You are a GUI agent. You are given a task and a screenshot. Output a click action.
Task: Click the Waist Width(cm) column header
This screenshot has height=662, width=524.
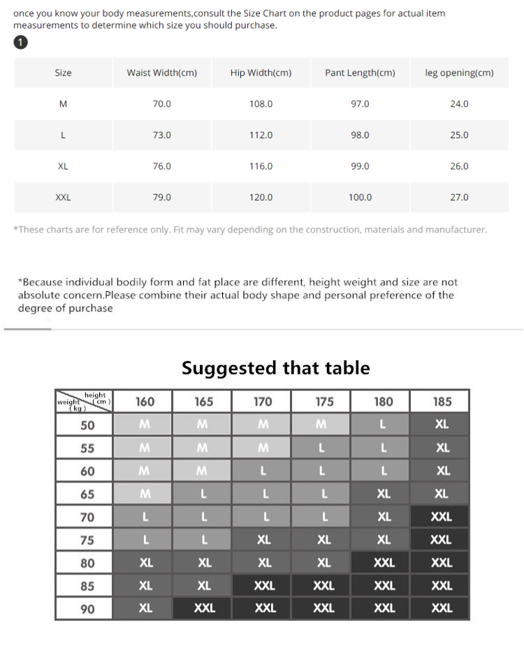pyautogui.click(x=161, y=73)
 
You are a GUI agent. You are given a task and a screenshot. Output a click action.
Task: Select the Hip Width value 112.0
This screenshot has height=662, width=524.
pyautogui.click(x=261, y=135)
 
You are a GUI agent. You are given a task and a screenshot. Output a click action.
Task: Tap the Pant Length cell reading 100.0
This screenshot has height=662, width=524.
pyautogui.click(x=360, y=198)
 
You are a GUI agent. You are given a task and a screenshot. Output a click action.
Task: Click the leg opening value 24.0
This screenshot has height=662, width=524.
pyautogui.click(x=459, y=104)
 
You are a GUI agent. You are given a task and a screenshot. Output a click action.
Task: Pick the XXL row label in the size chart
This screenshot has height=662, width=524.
pyautogui.click(x=63, y=198)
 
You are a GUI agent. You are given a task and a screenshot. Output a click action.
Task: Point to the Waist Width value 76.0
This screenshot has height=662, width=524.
pyautogui.click(x=161, y=166)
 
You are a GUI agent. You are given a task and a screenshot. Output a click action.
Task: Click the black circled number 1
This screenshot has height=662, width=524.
pyautogui.click(x=21, y=43)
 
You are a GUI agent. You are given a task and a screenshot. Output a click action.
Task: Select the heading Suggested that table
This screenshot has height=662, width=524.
pyautogui.click(x=276, y=368)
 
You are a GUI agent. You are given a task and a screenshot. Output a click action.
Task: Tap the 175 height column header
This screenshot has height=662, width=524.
pyautogui.click(x=324, y=402)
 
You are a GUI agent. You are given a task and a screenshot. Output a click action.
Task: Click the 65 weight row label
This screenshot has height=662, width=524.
pyautogui.click(x=87, y=494)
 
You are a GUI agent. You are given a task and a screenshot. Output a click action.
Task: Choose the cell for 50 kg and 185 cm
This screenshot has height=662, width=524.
pyautogui.click(x=442, y=425)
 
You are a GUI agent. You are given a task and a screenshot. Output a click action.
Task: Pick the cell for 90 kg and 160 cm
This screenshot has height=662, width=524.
pyautogui.click(x=145, y=608)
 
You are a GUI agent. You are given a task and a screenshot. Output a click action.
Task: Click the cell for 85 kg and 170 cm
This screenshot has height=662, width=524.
pyautogui.click(x=264, y=586)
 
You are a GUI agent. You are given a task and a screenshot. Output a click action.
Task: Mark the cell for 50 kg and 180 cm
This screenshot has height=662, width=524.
pyautogui.click(x=383, y=425)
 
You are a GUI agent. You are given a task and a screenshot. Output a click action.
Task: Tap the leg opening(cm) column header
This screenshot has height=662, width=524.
pyautogui.click(x=459, y=73)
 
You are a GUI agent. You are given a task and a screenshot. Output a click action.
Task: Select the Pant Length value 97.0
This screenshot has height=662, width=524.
pyautogui.click(x=360, y=104)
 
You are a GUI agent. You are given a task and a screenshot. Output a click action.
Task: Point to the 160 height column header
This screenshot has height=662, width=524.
pyautogui.click(x=145, y=402)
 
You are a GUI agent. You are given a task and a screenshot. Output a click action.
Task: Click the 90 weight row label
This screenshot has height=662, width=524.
pyautogui.click(x=87, y=609)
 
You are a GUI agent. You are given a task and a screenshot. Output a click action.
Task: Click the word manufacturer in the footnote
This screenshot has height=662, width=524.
pyautogui.click(x=456, y=229)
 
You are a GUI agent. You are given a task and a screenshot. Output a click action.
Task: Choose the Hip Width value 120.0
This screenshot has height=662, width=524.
pyautogui.click(x=261, y=198)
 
